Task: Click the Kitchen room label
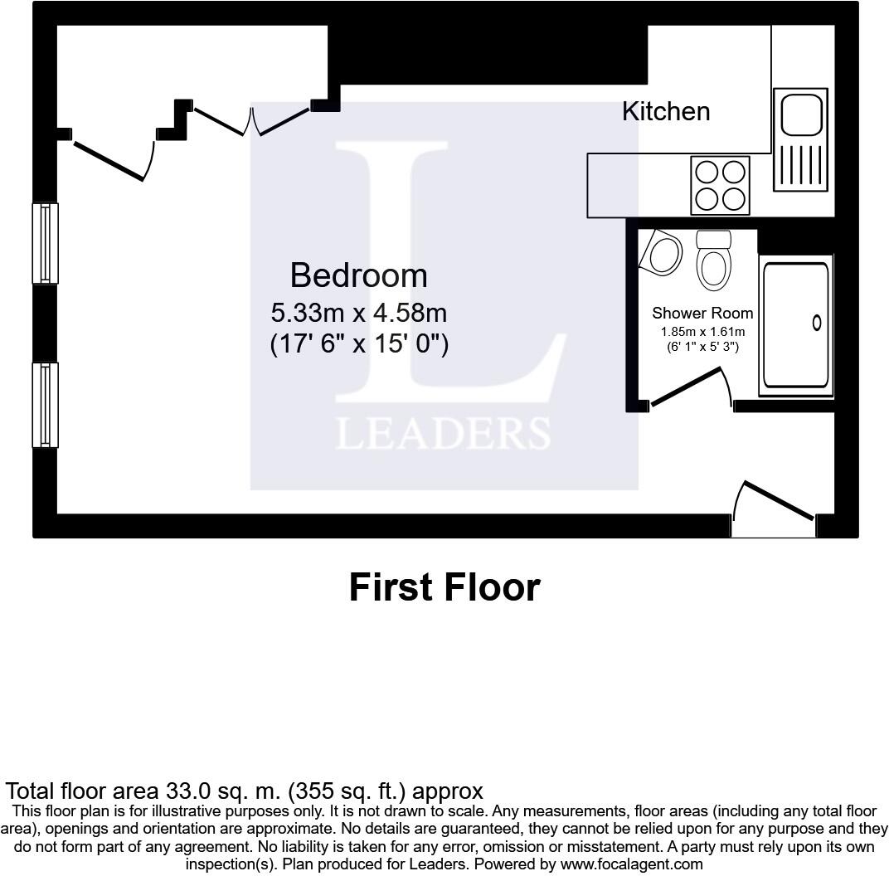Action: (666, 111)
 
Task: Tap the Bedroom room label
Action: (358, 275)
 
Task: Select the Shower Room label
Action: (702, 313)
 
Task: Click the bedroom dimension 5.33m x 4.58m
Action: (358, 313)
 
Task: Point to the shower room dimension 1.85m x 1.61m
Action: (702, 332)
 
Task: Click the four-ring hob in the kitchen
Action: (720, 185)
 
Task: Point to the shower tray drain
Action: (817, 323)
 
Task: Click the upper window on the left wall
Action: (45, 243)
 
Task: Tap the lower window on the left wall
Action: (45, 405)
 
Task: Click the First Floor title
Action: (444, 587)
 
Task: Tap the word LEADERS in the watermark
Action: (443, 434)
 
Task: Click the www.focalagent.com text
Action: (632, 864)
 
